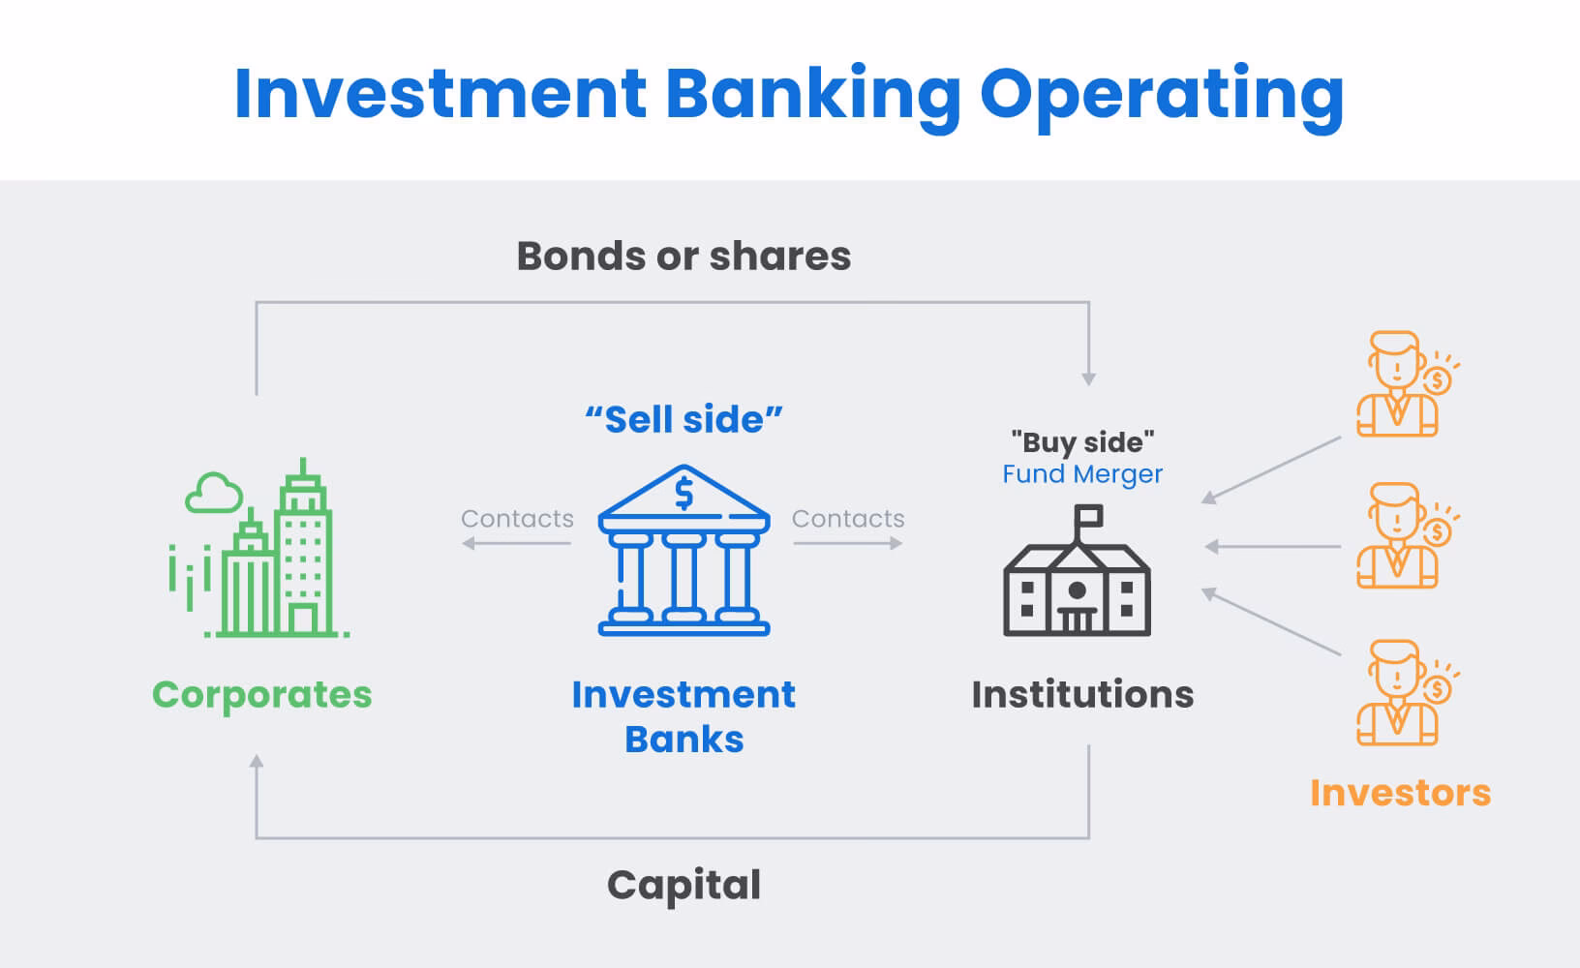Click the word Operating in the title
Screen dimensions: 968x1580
pos(1161,94)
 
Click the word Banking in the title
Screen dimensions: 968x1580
pos(813,94)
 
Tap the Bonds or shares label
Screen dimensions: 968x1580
pos(684,257)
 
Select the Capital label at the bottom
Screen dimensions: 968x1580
pos(684,885)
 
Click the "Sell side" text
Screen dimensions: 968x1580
pos(684,420)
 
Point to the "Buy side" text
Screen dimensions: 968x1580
pos(1082,442)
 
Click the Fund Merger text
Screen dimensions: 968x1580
pos(1082,474)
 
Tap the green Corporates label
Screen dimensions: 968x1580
pos(261,694)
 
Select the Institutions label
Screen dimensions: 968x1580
pos(1082,694)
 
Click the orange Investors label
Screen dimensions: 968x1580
pos(1400,793)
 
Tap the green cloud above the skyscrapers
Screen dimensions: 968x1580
pos(214,493)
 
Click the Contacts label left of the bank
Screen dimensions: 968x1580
pos(517,519)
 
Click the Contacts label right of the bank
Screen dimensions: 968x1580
pos(848,519)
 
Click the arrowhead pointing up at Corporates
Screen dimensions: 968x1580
pos(257,762)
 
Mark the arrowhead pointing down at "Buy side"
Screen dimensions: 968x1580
pos(1089,379)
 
